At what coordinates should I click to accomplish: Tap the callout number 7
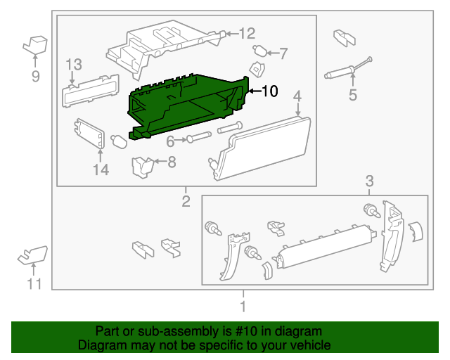pos(283,52)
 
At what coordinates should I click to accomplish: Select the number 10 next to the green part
pos(270,91)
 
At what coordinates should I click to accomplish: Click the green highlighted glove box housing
pos(186,105)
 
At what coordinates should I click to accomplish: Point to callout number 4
pos(297,96)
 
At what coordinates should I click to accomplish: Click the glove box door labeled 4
pos(264,148)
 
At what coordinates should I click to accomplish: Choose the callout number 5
pos(353,94)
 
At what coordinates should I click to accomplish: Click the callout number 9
pos(35,76)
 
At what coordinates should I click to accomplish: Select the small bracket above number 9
pos(34,44)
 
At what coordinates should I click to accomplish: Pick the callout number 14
pos(101,169)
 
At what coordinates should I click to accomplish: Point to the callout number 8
pos(171,162)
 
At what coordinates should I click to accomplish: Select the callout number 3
pos(369,183)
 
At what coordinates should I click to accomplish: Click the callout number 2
pos(186,202)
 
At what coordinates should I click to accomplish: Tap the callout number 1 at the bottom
pos(243,307)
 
